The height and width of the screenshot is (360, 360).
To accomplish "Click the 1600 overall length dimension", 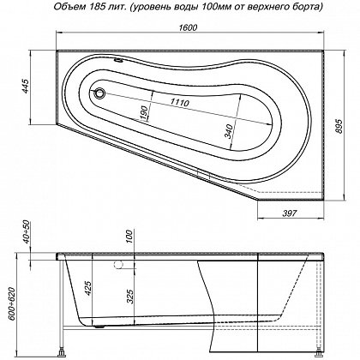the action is coord(188,27).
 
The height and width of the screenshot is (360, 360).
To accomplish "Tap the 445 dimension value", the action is coord(26,86).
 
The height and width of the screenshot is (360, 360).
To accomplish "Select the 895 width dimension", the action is coord(339,126).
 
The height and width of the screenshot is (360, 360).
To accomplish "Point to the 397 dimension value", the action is coord(290,213).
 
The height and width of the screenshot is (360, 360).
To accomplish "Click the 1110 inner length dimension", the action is coord(180,102).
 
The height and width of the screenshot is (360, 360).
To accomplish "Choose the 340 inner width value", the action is coord(229,131).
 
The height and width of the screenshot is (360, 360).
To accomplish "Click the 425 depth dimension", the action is coord(88,288).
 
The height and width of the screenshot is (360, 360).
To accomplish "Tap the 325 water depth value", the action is coord(129,297).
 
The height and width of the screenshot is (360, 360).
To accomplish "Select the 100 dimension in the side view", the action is coord(129,236).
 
